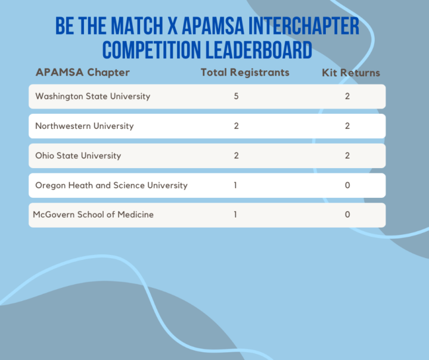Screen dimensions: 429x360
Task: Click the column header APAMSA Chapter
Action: point(83,73)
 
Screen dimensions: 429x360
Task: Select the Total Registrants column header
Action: point(245,73)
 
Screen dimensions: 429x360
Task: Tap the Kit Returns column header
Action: point(351,73)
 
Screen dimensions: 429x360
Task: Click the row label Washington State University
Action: point(93,97)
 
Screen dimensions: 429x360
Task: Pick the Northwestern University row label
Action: point(85,126)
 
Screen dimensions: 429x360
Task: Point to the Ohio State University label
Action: point(78,156)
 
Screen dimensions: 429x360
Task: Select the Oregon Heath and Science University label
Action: point(111,185)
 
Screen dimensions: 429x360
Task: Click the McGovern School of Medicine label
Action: point(94,215)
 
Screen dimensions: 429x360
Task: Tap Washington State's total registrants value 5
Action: point(236,96)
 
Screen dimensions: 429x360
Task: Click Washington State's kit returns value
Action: point(347,96)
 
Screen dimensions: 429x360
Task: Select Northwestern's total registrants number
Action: point(236,126)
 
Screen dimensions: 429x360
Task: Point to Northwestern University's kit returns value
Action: point(347,126)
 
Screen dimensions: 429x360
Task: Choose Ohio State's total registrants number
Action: point(236,156)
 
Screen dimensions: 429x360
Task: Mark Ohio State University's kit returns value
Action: point(347,156)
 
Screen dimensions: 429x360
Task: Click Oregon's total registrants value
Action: point(235,185)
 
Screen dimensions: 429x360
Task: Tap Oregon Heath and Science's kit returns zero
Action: point(347,185)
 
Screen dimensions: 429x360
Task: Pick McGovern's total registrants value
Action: point(235,215)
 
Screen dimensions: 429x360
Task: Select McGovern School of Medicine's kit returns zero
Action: point(347,215)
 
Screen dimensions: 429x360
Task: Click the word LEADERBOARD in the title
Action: point(259,50)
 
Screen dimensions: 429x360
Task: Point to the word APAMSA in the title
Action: point(213,26)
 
